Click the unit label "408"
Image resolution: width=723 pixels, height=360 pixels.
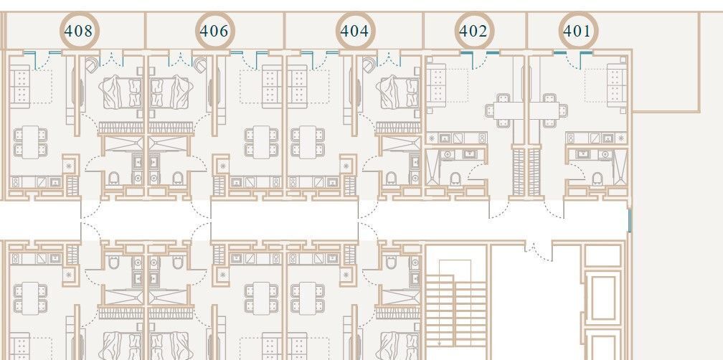[x=78, y=32]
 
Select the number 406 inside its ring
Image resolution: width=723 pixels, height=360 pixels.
[x=214, y=32]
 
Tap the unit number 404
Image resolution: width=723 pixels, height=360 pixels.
[x=354, y=32]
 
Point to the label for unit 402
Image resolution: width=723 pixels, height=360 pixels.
[x=473, y=32]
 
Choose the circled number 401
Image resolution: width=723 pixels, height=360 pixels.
[x=577, y=32]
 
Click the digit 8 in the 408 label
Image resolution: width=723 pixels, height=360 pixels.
[x=88, y=32]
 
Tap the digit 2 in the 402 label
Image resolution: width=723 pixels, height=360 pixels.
[x=483, y=32]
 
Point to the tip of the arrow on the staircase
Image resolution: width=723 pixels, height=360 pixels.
[x=440, y=346]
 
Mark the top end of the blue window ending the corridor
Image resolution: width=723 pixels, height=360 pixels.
[x=630, y=209]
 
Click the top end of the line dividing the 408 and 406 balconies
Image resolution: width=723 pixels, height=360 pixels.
[x=146, y=13]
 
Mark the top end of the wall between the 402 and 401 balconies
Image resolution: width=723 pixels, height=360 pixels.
[x=526, y=13]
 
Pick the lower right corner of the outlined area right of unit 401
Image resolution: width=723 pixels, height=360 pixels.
[x=700, y=112]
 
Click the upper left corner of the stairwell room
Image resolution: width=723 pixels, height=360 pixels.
[x=425, y=245]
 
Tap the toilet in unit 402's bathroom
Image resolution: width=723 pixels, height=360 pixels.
[x=455, y=178]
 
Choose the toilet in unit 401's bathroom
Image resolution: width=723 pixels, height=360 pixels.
[x=597, y=178]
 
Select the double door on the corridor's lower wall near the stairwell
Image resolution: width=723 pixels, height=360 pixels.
[x=538, y=252]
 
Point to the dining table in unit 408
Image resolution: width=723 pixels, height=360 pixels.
[x=30, y=142]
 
